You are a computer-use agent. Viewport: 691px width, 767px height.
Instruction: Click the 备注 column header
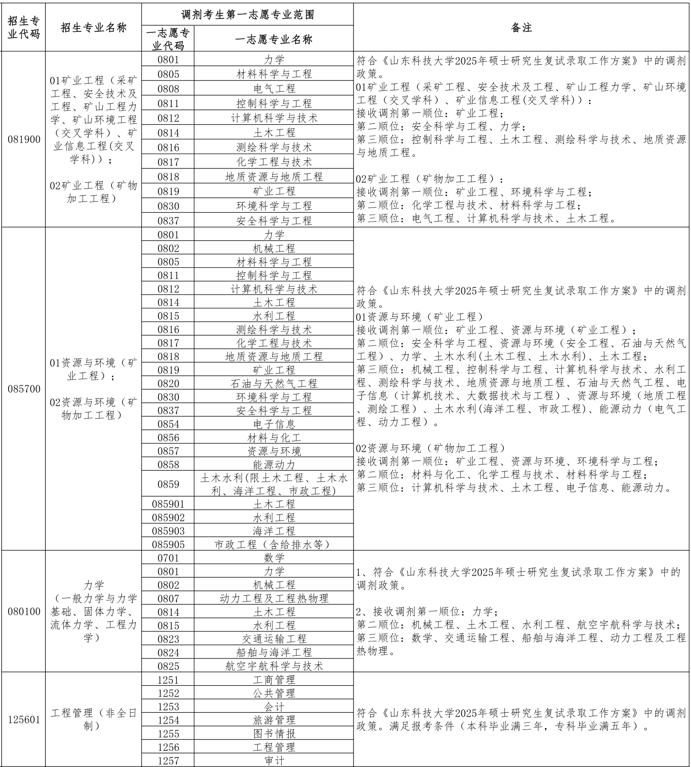click(x=521, y=28)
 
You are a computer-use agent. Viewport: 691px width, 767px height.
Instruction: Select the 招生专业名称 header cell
click(x=94, y=28)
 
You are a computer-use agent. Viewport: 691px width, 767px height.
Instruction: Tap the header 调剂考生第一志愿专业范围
click(x=247, y=15)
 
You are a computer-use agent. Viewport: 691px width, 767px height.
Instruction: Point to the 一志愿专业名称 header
click(x=274, y=39)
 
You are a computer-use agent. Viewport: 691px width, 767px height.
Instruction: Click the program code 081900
click(x=24, y=139)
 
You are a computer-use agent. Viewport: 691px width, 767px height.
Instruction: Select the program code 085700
click(x=24, y=389)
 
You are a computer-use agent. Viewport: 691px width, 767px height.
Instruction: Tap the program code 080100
click(x=24, y=611)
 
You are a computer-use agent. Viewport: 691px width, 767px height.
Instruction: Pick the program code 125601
click(x=24, y=719)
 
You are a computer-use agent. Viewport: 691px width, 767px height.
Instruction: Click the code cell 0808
click(x=168, y=88)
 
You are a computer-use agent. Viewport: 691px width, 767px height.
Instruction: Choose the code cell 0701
click(x=168, y=558)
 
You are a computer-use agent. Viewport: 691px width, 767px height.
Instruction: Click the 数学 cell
click(x=274, y=558)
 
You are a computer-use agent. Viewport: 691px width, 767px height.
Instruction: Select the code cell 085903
click(x=168, y=531)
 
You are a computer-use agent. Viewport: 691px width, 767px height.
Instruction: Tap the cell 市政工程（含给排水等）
click(x=274, y=544)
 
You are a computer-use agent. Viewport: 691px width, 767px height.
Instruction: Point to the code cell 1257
click(x=168, y=760)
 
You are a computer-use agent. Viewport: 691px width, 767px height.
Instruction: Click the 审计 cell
click(x=274, y=760)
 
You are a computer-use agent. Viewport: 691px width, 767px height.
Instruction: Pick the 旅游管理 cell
click(x=274, y=720)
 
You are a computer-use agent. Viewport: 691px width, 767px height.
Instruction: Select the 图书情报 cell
click(x=274, y=733)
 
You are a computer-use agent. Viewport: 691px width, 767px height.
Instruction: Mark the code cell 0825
click(x=168, y=666)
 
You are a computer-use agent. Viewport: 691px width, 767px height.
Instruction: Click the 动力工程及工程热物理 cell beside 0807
click(x=274, y=598)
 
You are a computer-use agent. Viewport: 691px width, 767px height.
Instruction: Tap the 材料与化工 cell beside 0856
click(x=274, y=437)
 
